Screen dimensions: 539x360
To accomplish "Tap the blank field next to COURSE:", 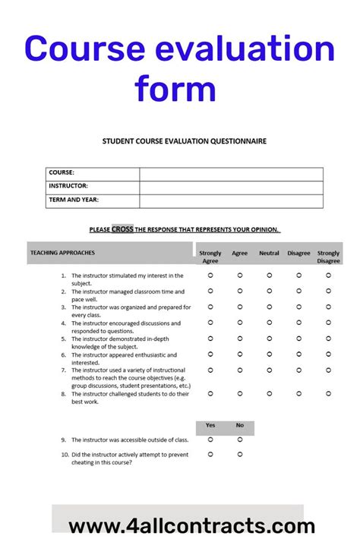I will (231, 174).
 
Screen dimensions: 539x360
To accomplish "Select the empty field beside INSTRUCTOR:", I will (231, 187).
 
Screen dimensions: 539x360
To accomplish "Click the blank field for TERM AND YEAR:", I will (231, 200).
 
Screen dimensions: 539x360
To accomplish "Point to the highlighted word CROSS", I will (122, 229).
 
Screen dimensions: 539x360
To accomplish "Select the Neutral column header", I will (269, 253).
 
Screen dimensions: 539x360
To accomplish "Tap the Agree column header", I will (239, 253).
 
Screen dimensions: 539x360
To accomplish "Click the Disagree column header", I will (298, 253).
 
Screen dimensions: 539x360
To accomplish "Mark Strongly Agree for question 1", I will (210, 276).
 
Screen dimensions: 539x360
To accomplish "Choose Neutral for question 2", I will (269, 291).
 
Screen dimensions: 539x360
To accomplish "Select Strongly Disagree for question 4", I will (328, 323).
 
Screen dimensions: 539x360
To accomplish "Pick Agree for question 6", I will (239, 354).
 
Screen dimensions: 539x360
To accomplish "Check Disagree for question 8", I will (298, 393).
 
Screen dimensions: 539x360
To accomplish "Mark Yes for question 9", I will (210, 439).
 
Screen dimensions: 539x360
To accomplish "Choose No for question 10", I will (239, 454).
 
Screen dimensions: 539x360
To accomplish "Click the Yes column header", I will (210, 425).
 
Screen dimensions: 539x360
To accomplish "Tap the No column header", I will (239, 425).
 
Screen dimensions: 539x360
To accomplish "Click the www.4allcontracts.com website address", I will (191, 526).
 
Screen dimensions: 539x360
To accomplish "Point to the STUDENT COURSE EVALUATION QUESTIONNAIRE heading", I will (184, 140).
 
